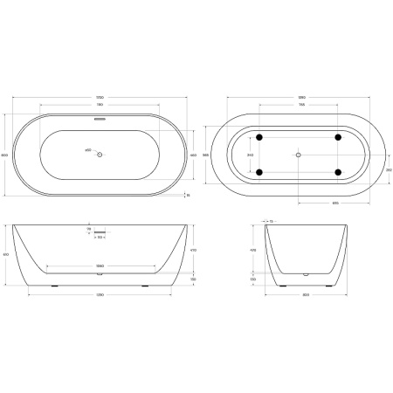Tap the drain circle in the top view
[x=101, y=155]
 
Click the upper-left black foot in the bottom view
[x=259, y=137]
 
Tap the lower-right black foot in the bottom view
[x=338, y=172]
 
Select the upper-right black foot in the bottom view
[x=338, y=137]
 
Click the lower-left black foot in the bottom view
[x=259, y=172]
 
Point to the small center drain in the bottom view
[x=299, y=155]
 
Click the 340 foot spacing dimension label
[x=252, y=155]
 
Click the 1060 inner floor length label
[x=101, y=265]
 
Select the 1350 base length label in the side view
[x=101, y=293]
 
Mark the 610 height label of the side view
[x=7, y=254]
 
